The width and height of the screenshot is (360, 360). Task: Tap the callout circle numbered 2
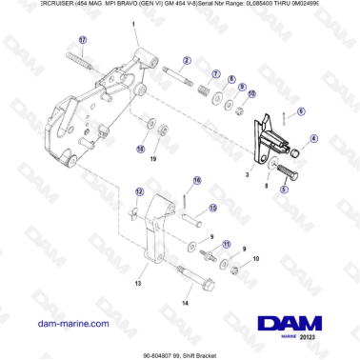point(187,60)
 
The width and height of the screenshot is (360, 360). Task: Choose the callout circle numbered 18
point(142,149)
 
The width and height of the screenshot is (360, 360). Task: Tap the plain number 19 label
point(152,162)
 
